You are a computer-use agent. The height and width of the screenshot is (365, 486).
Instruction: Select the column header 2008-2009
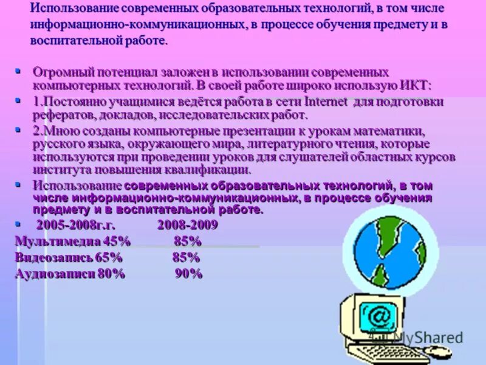[187, 225]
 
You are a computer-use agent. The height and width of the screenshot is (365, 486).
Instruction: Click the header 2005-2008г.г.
[75, 225]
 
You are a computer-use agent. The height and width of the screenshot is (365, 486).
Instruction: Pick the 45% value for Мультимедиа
[117, 241]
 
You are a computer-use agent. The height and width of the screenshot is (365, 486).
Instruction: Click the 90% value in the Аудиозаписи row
[188, 273]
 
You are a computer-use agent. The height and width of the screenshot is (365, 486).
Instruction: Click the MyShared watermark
[428, 337]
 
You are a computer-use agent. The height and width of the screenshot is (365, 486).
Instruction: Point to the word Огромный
[58, 72]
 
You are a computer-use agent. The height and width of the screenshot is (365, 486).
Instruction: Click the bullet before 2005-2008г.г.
[18, 223]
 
